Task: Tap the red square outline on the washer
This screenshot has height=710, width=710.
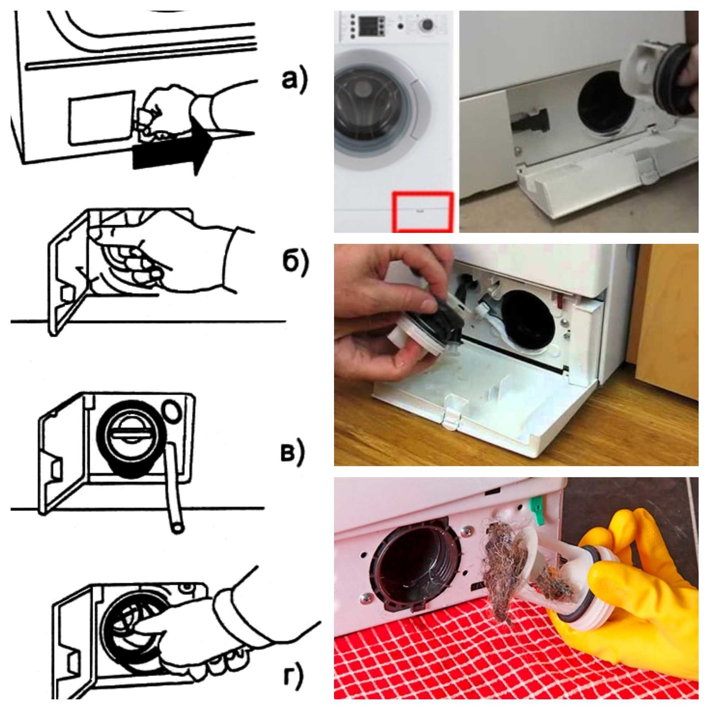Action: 421,212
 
